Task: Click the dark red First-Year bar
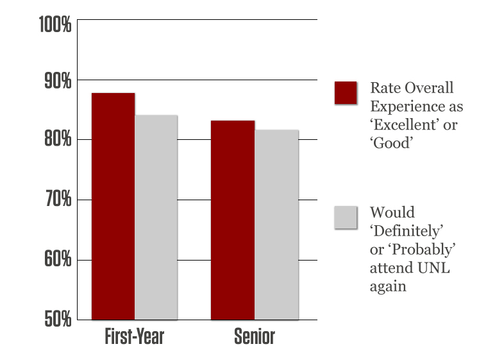113,206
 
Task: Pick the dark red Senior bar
233,219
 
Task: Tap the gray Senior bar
276,224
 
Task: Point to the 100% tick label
55,25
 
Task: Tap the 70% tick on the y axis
57,201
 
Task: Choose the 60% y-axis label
57,260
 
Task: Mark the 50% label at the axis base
57,319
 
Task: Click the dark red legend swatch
346,92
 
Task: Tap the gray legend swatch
346,217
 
